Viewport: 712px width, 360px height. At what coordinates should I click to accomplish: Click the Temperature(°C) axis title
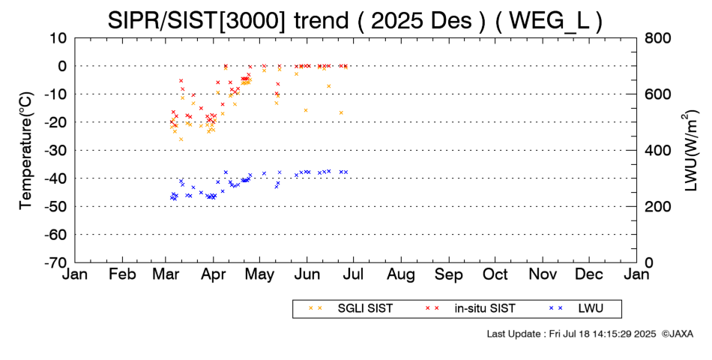tap(25, 150)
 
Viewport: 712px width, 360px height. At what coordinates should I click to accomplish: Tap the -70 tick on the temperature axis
tap(56, 262)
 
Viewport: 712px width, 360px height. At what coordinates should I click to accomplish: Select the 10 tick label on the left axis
tap(59, 37)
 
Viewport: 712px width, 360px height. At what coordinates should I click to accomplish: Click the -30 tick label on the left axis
tap(56, 150)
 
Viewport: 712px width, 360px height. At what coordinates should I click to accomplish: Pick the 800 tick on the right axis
tap(657, 37)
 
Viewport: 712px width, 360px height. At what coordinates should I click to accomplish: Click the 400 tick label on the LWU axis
tap(657, 150)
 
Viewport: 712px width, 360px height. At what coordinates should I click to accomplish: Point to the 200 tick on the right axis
tap(657, 206)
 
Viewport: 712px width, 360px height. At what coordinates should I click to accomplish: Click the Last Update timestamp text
tap(570, 333)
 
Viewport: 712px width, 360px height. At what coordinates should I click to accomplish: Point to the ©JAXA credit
tap(677, 333)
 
